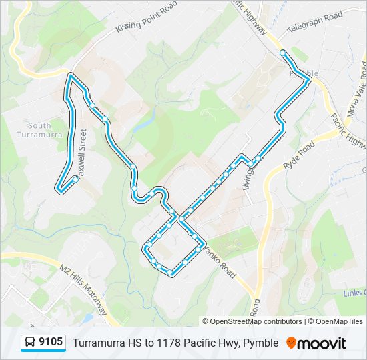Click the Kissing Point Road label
pos(147,17)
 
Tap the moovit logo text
pos(322,343)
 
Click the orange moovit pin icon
pos(291,343)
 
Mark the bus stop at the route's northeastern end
pos(283,53)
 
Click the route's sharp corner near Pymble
pos(309,80)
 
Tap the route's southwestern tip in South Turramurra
pos(60,189)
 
